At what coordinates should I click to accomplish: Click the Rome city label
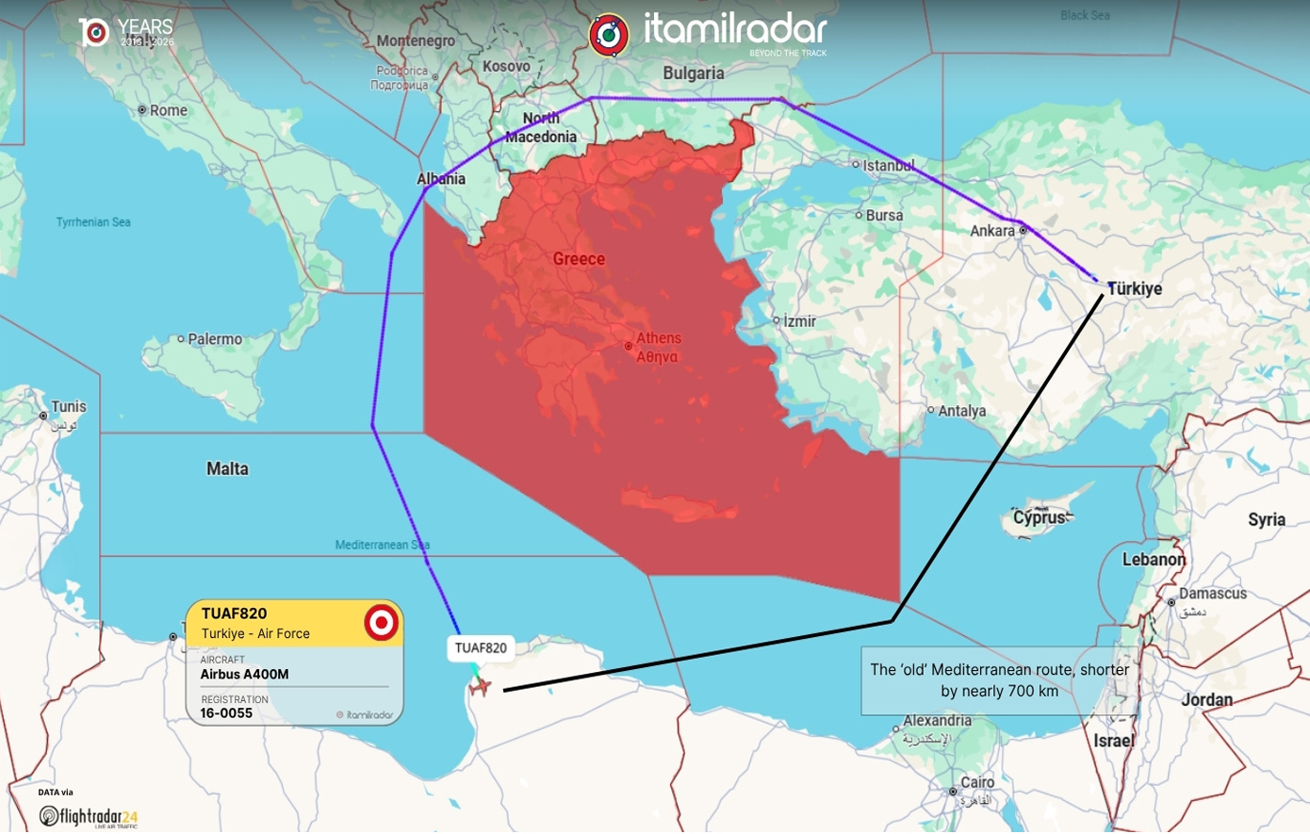click(x=168, y=110)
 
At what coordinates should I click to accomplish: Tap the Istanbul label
click(x=889, y=165)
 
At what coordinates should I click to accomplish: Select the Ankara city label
click(x=992, y=231)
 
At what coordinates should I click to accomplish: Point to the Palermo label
click(x=215, y=339)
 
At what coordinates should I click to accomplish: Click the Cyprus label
click(x=1039, y=517)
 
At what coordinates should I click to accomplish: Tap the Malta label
click(x=227, y=468)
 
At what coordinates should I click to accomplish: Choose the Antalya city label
click(x=961, y=411)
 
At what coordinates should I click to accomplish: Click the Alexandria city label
click(x=937, y=721)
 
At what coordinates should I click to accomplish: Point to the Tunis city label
click(x=68, y=407)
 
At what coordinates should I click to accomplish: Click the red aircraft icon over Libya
click(x=481, y=687)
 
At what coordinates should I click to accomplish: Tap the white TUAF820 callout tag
click(x=481, y=647)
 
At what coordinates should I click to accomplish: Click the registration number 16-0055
click(x=226, y=713)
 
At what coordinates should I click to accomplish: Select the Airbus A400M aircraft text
click(x=244, y=674)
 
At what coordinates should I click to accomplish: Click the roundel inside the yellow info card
click(x=381, y=623)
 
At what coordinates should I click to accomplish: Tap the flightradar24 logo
click(x=89, y=816)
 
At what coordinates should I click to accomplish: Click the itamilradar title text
click(x=735, y=29)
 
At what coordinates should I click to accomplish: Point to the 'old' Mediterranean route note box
click(x=999, y=680)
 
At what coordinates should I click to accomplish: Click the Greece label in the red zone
click(x=579, y=259)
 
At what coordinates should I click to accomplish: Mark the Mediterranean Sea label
click(x=382, y=545)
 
